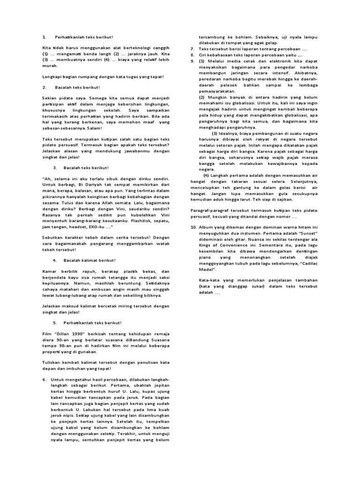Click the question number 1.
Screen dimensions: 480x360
pos(44,37)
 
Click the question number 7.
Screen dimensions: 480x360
pos(192,49)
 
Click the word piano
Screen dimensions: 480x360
pos(205,257)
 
